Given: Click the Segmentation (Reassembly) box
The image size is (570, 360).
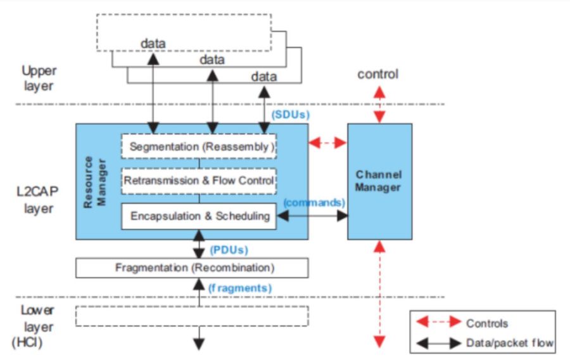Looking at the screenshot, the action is [198, 146].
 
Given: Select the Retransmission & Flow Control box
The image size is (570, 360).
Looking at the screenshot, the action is [198, 181].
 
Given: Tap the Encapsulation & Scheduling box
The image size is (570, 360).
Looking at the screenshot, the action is [198, 216].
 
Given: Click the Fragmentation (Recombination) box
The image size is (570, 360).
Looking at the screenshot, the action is [192, 268].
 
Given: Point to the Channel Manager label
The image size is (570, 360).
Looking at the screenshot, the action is [378, 181].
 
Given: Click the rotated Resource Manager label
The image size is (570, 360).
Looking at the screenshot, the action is [94, 182].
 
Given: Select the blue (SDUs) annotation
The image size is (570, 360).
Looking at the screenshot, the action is [291, 115].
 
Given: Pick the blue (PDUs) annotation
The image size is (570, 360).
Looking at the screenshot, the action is [229, 250].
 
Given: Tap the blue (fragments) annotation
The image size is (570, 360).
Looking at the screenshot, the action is [240, 288].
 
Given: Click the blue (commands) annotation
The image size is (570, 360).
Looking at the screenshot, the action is [314, 203].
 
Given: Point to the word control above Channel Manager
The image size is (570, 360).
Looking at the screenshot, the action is [377, 74].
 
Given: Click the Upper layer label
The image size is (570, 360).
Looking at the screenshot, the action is [39, 78].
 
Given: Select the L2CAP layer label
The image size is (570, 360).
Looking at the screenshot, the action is [37, 200].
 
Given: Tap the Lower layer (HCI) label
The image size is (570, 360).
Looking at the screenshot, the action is [33, 326].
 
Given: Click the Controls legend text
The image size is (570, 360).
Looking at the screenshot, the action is [487, 323].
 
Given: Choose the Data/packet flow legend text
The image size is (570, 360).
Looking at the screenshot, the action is [510, 343].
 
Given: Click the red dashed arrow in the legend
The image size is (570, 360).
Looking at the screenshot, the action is [439, 322].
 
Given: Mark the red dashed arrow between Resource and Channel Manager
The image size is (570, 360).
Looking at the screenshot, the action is [327, 143].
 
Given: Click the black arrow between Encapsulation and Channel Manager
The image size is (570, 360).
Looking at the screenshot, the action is [313, 216].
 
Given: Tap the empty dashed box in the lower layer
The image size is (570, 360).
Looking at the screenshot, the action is [192, 316].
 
